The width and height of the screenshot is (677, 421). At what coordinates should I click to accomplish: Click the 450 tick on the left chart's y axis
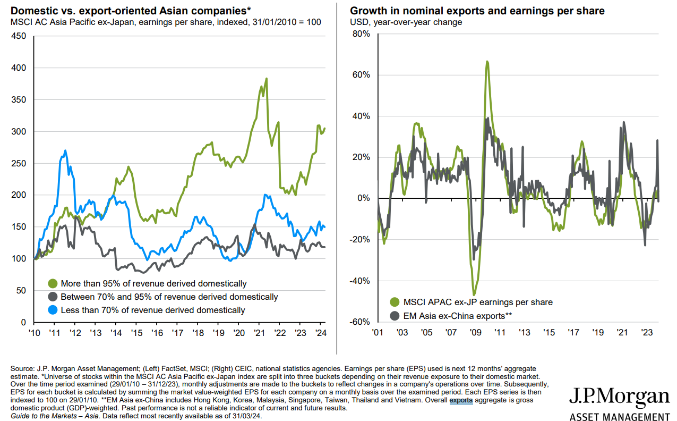coord(18,36)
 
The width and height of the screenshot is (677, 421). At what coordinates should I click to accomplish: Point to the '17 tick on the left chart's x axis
coord(177,333)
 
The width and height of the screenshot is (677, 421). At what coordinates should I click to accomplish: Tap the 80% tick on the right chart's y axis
coord(361,34)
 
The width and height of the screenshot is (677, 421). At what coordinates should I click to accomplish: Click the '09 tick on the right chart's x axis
coord(475,333)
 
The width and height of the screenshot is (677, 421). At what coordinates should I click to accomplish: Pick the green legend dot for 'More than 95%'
coord(53,283)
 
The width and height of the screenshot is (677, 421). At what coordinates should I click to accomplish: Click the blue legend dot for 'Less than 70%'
coord(53,310)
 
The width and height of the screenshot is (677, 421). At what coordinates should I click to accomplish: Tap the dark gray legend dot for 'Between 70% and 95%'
coord(53,297)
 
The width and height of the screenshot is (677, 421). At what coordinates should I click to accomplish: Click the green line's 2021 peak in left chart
coord(265,79)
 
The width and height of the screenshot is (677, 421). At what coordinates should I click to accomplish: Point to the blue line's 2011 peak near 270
coord(65,151)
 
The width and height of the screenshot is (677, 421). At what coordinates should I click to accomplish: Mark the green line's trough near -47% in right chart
coord(474,294)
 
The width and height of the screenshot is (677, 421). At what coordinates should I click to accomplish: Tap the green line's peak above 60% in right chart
coord(487,62)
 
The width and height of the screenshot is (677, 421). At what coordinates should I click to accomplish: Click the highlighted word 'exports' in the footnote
coord(461,401)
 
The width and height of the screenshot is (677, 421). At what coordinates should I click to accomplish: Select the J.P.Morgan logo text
coord(619,397)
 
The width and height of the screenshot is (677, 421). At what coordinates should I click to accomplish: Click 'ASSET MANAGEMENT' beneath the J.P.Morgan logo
coord(619,416)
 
